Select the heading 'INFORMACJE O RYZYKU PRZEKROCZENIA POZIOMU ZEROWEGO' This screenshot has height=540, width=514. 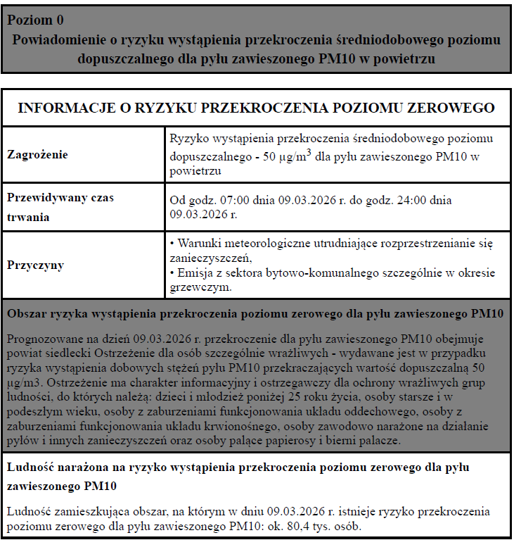coord(256,108)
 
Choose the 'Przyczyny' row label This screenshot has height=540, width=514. coord(35,265)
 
